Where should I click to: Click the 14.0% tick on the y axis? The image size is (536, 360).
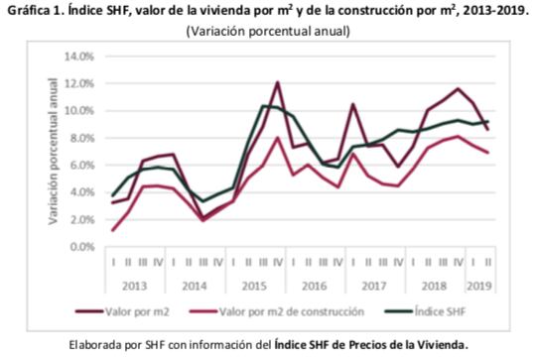(x=77, y=56)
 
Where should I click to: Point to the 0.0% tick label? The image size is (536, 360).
(x=80, y=246)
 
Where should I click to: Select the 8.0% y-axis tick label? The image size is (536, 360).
(x=80, y=137)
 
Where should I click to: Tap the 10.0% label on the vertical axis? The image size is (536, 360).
(x=77, y=110)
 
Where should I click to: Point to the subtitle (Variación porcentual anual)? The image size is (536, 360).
(x=268, y=32)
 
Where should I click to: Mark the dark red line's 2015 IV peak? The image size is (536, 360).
(x=277, y=82)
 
